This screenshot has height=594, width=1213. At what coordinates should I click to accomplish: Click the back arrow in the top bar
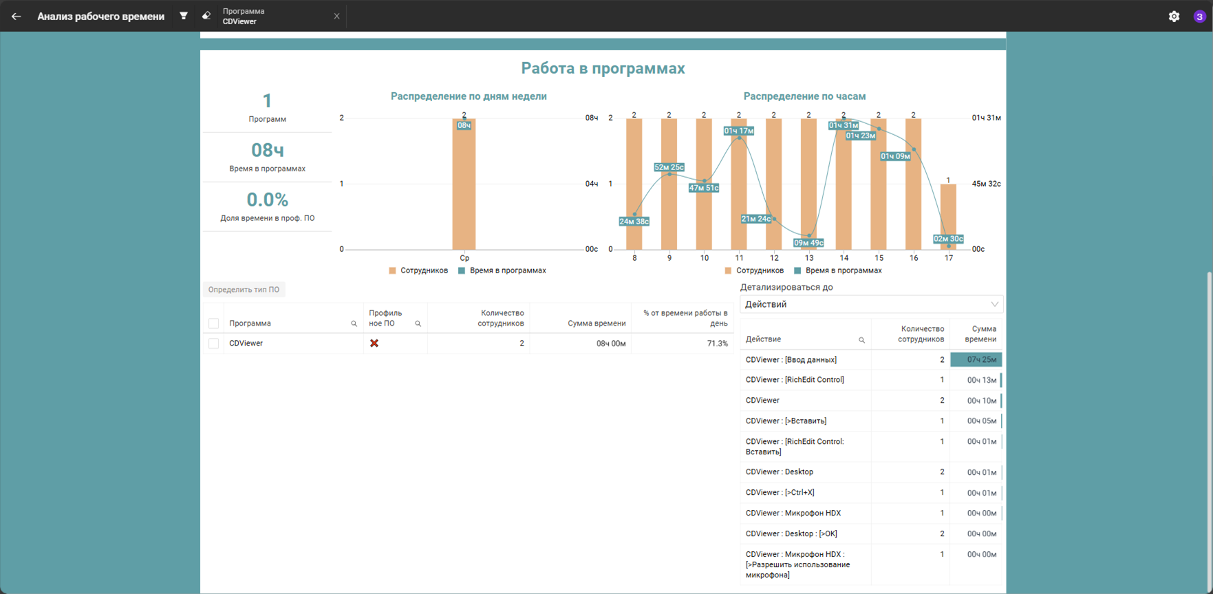[16, 16]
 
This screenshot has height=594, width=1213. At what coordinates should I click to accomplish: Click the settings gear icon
[1174, 16]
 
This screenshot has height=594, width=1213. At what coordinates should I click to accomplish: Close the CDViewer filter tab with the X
[336, 16]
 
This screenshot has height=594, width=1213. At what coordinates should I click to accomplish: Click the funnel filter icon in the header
[184, 16]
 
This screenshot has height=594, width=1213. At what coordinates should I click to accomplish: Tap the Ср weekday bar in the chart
[464, 184]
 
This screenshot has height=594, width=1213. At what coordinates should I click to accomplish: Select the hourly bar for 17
[948, 217]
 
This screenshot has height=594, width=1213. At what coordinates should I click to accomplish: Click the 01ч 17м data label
[739, 131]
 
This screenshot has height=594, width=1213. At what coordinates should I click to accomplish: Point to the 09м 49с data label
[808, 242]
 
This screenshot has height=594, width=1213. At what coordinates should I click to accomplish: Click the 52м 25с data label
[669, 167]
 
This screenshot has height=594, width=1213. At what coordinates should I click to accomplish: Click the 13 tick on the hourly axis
[809, 258]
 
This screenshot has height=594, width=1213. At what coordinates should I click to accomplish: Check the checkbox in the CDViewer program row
[214, 343]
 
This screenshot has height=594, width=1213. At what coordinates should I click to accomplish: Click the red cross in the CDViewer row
[374, 343]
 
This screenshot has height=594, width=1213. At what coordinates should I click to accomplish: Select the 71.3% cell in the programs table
[717, 343]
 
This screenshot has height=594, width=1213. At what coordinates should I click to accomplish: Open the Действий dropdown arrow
[994, 304]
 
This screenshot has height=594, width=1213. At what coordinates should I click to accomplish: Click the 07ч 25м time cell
[976, 359]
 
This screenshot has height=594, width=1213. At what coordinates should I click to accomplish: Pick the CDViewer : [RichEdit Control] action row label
[795, 380]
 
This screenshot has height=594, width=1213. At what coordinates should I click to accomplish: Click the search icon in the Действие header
[861, 340]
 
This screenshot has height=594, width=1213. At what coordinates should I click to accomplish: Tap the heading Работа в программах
[603, 68]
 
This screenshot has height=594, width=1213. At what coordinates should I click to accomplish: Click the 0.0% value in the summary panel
[268, 200]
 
